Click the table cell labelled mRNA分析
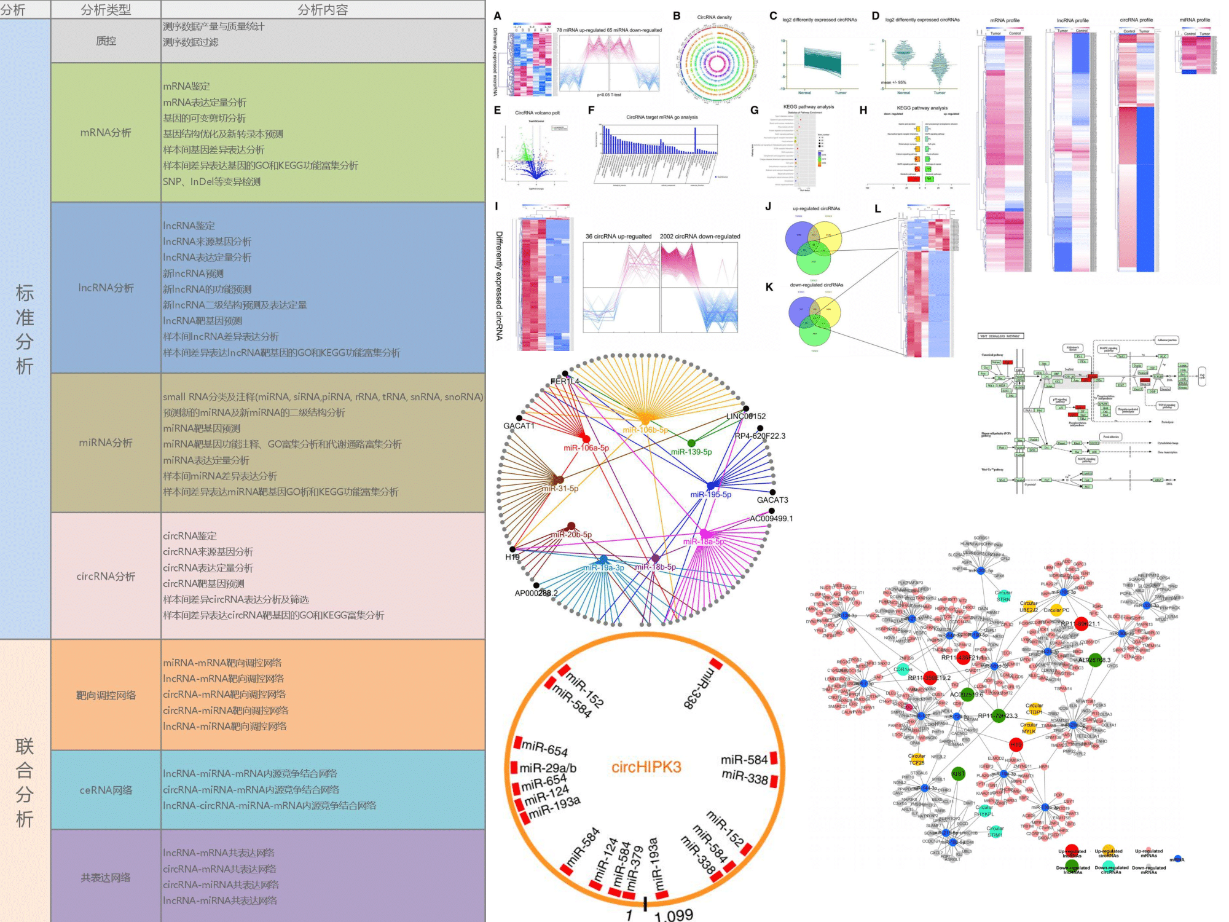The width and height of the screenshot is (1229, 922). pyautogui.click(x=106, y=133)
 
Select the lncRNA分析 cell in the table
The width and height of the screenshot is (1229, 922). pyautogui.click(x=106, y=288)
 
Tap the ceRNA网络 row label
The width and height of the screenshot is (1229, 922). pyautogui.click(x=106, y=790)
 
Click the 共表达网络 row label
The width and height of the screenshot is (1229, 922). pyautogui.click(x=106, y=878)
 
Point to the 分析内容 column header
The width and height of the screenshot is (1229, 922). pyautogui.click(x=323, y=10)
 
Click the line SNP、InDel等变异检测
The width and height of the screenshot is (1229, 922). pyautogui.click(x=212, y=181)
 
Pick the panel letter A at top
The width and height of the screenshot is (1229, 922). pyautogui.click(x=497, y=16)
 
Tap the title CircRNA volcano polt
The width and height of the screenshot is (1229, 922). pyautogui.click(x=537, y=113)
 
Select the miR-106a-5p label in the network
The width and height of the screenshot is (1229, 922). pyautogui.click(x=586, y=448)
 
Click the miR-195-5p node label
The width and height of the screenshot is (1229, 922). pyautogui.click(x=710, y=494)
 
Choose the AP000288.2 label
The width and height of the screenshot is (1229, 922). pyautogui.click(x=536, y=593)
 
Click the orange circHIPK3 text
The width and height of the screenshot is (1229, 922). pyautogui.click(x=646, y=767)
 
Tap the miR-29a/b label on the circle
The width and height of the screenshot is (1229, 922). pyautogui.click(x=548, y=768)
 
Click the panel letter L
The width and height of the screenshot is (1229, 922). pyautogui.click(x=878, y=209)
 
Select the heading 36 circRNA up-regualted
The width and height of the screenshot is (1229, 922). pyautogui.click(x=618, y=237)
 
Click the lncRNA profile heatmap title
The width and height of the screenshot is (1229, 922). pyautogui.click(x=1072, y=20)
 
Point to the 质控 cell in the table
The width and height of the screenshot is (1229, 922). pyautogui.click(x=106, y=41)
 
